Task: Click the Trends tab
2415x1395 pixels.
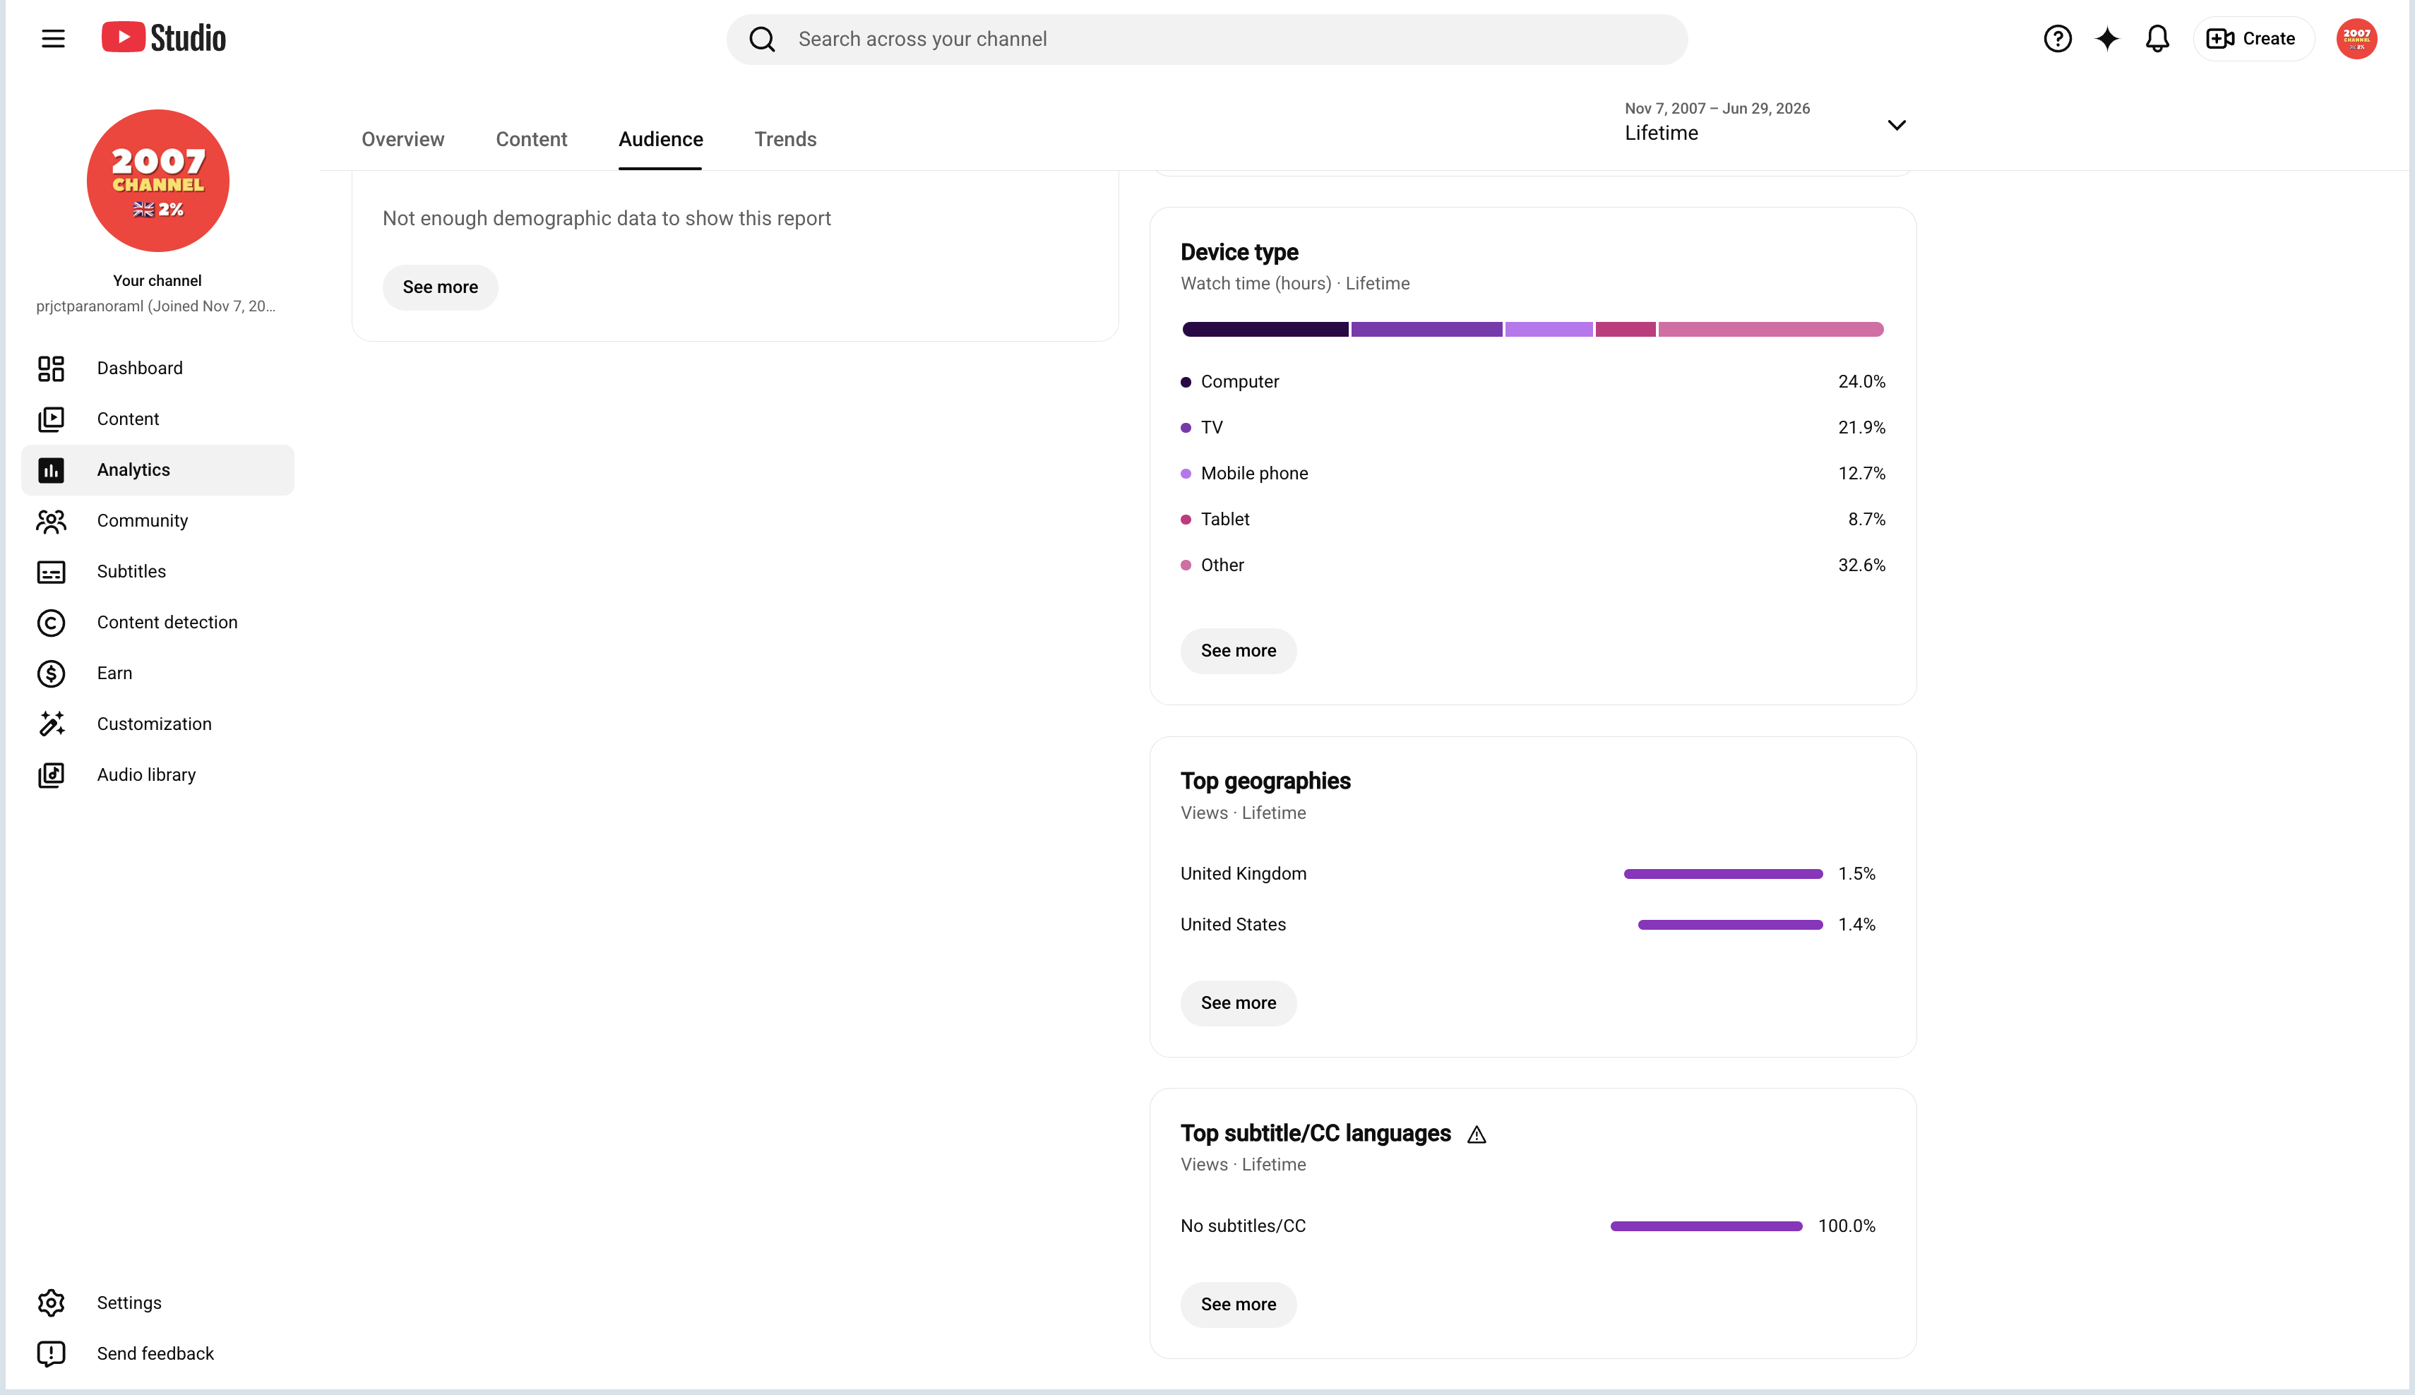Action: [x=785, y=139]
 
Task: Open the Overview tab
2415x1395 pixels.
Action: [x=402, y=139]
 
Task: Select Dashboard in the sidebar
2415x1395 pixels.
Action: [x=139, y=368]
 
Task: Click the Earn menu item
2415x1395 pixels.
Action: [x=114, y=673]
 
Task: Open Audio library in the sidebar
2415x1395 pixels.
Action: [x=145, y=775]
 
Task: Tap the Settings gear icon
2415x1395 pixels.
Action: [x=51, y=1303]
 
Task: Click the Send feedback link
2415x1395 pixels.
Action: [x=155, y=1354]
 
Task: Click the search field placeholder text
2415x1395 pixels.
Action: [x=922, y=40]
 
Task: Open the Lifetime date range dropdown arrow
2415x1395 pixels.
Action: [x=1897, y=126]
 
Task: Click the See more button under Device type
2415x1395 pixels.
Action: [x=1238, y=652]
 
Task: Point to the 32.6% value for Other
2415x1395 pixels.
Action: [x=1861, y=565]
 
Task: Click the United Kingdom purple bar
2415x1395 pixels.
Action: [x=1723, y=874]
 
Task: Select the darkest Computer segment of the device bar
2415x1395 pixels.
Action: [x=1265, y=330]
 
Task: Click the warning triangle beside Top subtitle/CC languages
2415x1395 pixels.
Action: [x=1477, y=1135]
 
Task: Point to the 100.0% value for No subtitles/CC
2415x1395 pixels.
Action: [x=1847, y=1226]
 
